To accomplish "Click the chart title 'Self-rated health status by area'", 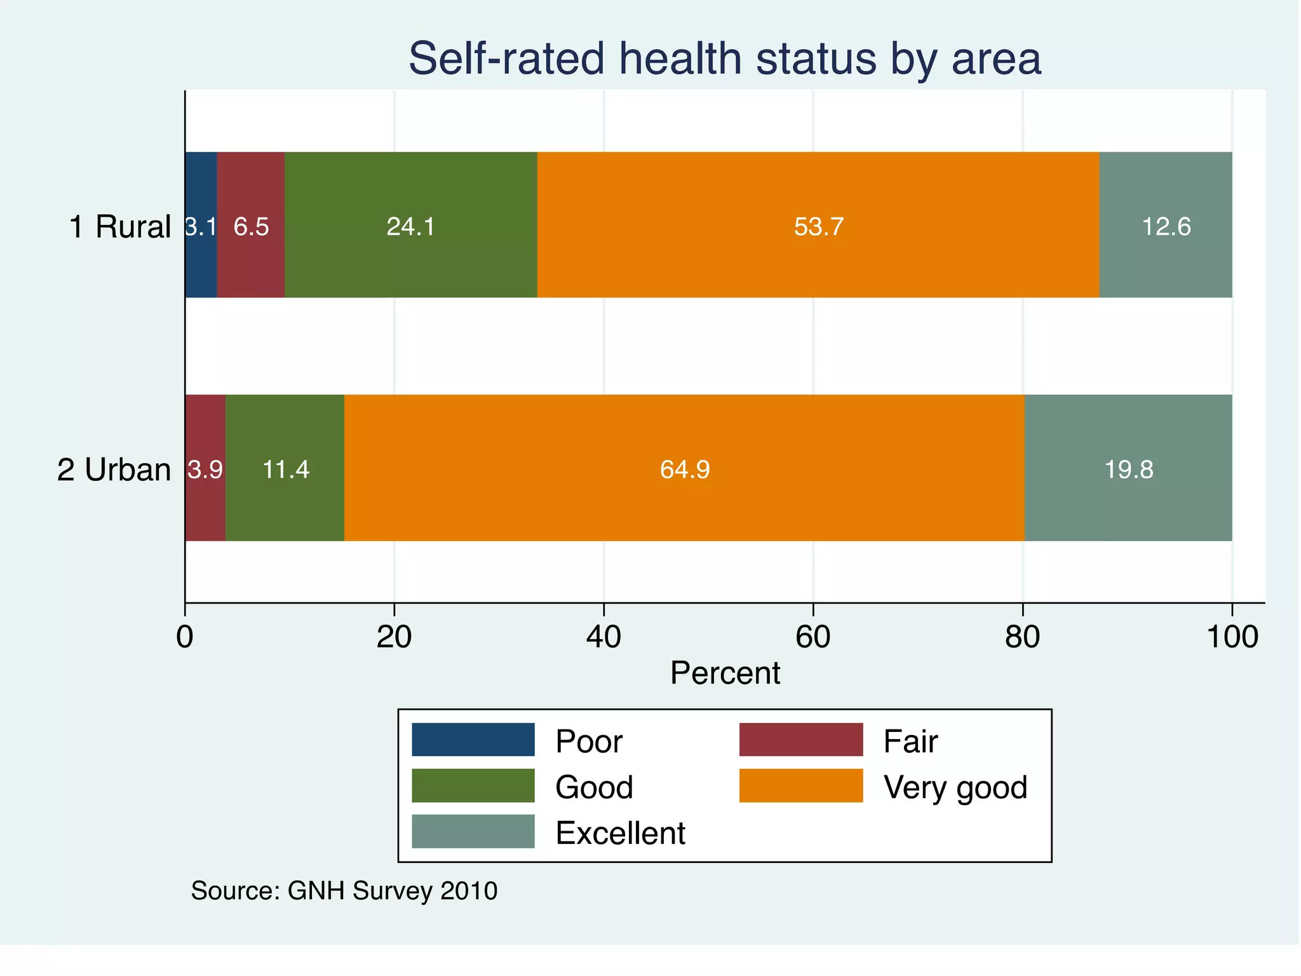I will pos(724,58).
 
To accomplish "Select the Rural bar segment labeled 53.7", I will pos(818,225).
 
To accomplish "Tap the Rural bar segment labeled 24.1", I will pos(411,225).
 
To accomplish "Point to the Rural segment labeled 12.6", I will pos(1166,225).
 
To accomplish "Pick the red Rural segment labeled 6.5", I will pos(251,225).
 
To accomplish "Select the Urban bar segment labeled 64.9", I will pos(684,468).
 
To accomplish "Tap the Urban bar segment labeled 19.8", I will pos(1128,468).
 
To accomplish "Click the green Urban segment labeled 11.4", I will pos(285,468).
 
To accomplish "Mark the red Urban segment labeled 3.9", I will pos(205,468).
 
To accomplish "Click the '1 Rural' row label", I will pos(119,227).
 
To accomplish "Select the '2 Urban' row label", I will pos(114,470).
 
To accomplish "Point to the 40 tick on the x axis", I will pos(603,637).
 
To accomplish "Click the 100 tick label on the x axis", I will pos(1232,637).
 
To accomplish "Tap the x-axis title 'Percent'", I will pos(725,673).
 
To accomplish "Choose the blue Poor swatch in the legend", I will pos(473,740).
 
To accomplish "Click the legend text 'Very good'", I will pos(955,787).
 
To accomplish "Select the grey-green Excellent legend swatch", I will pos(473,831).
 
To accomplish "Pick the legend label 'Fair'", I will pos(910,742).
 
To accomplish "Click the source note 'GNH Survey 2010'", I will pos(392,891).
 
